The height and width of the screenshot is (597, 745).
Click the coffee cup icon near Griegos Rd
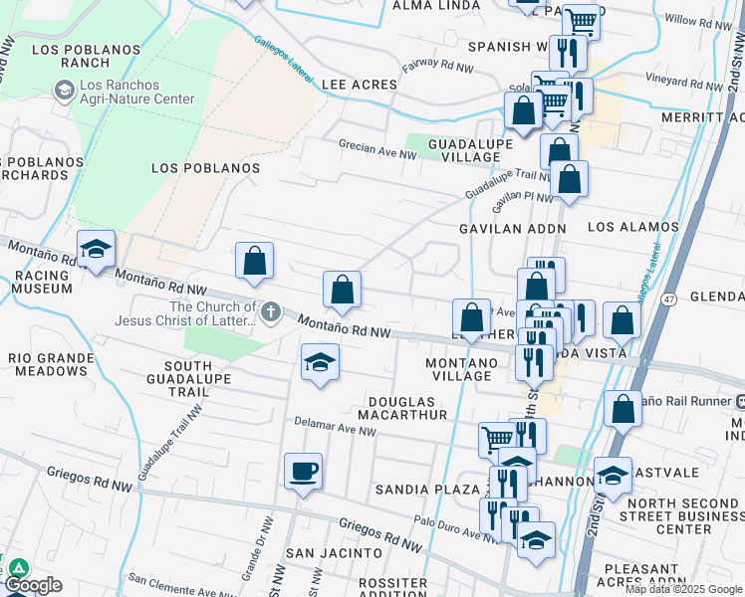click(303, 471)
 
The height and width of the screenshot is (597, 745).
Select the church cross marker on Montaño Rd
click(268, 313)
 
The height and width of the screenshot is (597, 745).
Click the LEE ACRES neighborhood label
click(360, 86)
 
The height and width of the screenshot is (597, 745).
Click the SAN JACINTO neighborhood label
click(334, 552)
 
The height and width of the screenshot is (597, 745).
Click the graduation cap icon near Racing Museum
click(96, 250)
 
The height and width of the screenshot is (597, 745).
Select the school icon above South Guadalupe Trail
click(320, 362)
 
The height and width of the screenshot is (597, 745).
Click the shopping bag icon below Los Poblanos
click(255, 261)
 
